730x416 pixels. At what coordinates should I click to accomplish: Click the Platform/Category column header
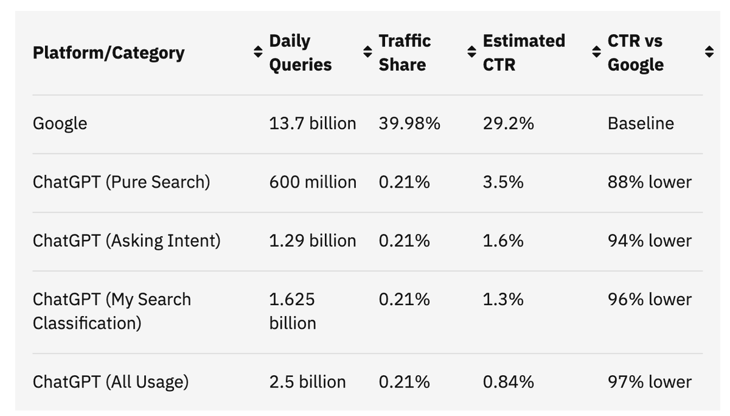[108, 52]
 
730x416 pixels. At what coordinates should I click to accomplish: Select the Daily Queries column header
[301, 52]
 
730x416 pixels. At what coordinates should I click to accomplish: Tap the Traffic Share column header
[405, 52]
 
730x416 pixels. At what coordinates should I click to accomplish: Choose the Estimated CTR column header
[523, 52]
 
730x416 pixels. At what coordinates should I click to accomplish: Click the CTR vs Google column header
[635, 52]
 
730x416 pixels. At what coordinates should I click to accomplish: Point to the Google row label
[60, 124]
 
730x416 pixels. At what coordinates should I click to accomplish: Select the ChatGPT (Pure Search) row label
[121, 182]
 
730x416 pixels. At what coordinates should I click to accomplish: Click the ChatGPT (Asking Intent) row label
[127, 241]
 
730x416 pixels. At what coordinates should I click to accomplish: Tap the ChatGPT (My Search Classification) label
[111, 311]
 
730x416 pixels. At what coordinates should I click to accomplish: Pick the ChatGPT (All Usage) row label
[111, 382]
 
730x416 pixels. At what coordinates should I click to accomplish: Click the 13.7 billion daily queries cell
[312, 124]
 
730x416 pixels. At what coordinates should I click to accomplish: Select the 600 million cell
[313, 182]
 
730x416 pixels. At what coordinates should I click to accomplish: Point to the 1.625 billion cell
[293, 311]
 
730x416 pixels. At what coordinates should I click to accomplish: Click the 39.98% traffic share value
[409, 124]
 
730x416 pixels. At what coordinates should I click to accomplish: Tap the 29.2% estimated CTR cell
[508, 124]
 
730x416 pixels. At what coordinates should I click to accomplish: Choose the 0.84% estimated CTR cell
[508, 382]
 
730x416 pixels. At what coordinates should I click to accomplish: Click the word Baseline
[641, 124]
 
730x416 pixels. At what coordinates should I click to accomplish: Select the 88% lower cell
[649, 182]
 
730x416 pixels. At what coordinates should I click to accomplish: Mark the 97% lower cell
[649, 382]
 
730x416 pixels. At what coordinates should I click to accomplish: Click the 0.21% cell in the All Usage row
[404, 382]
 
